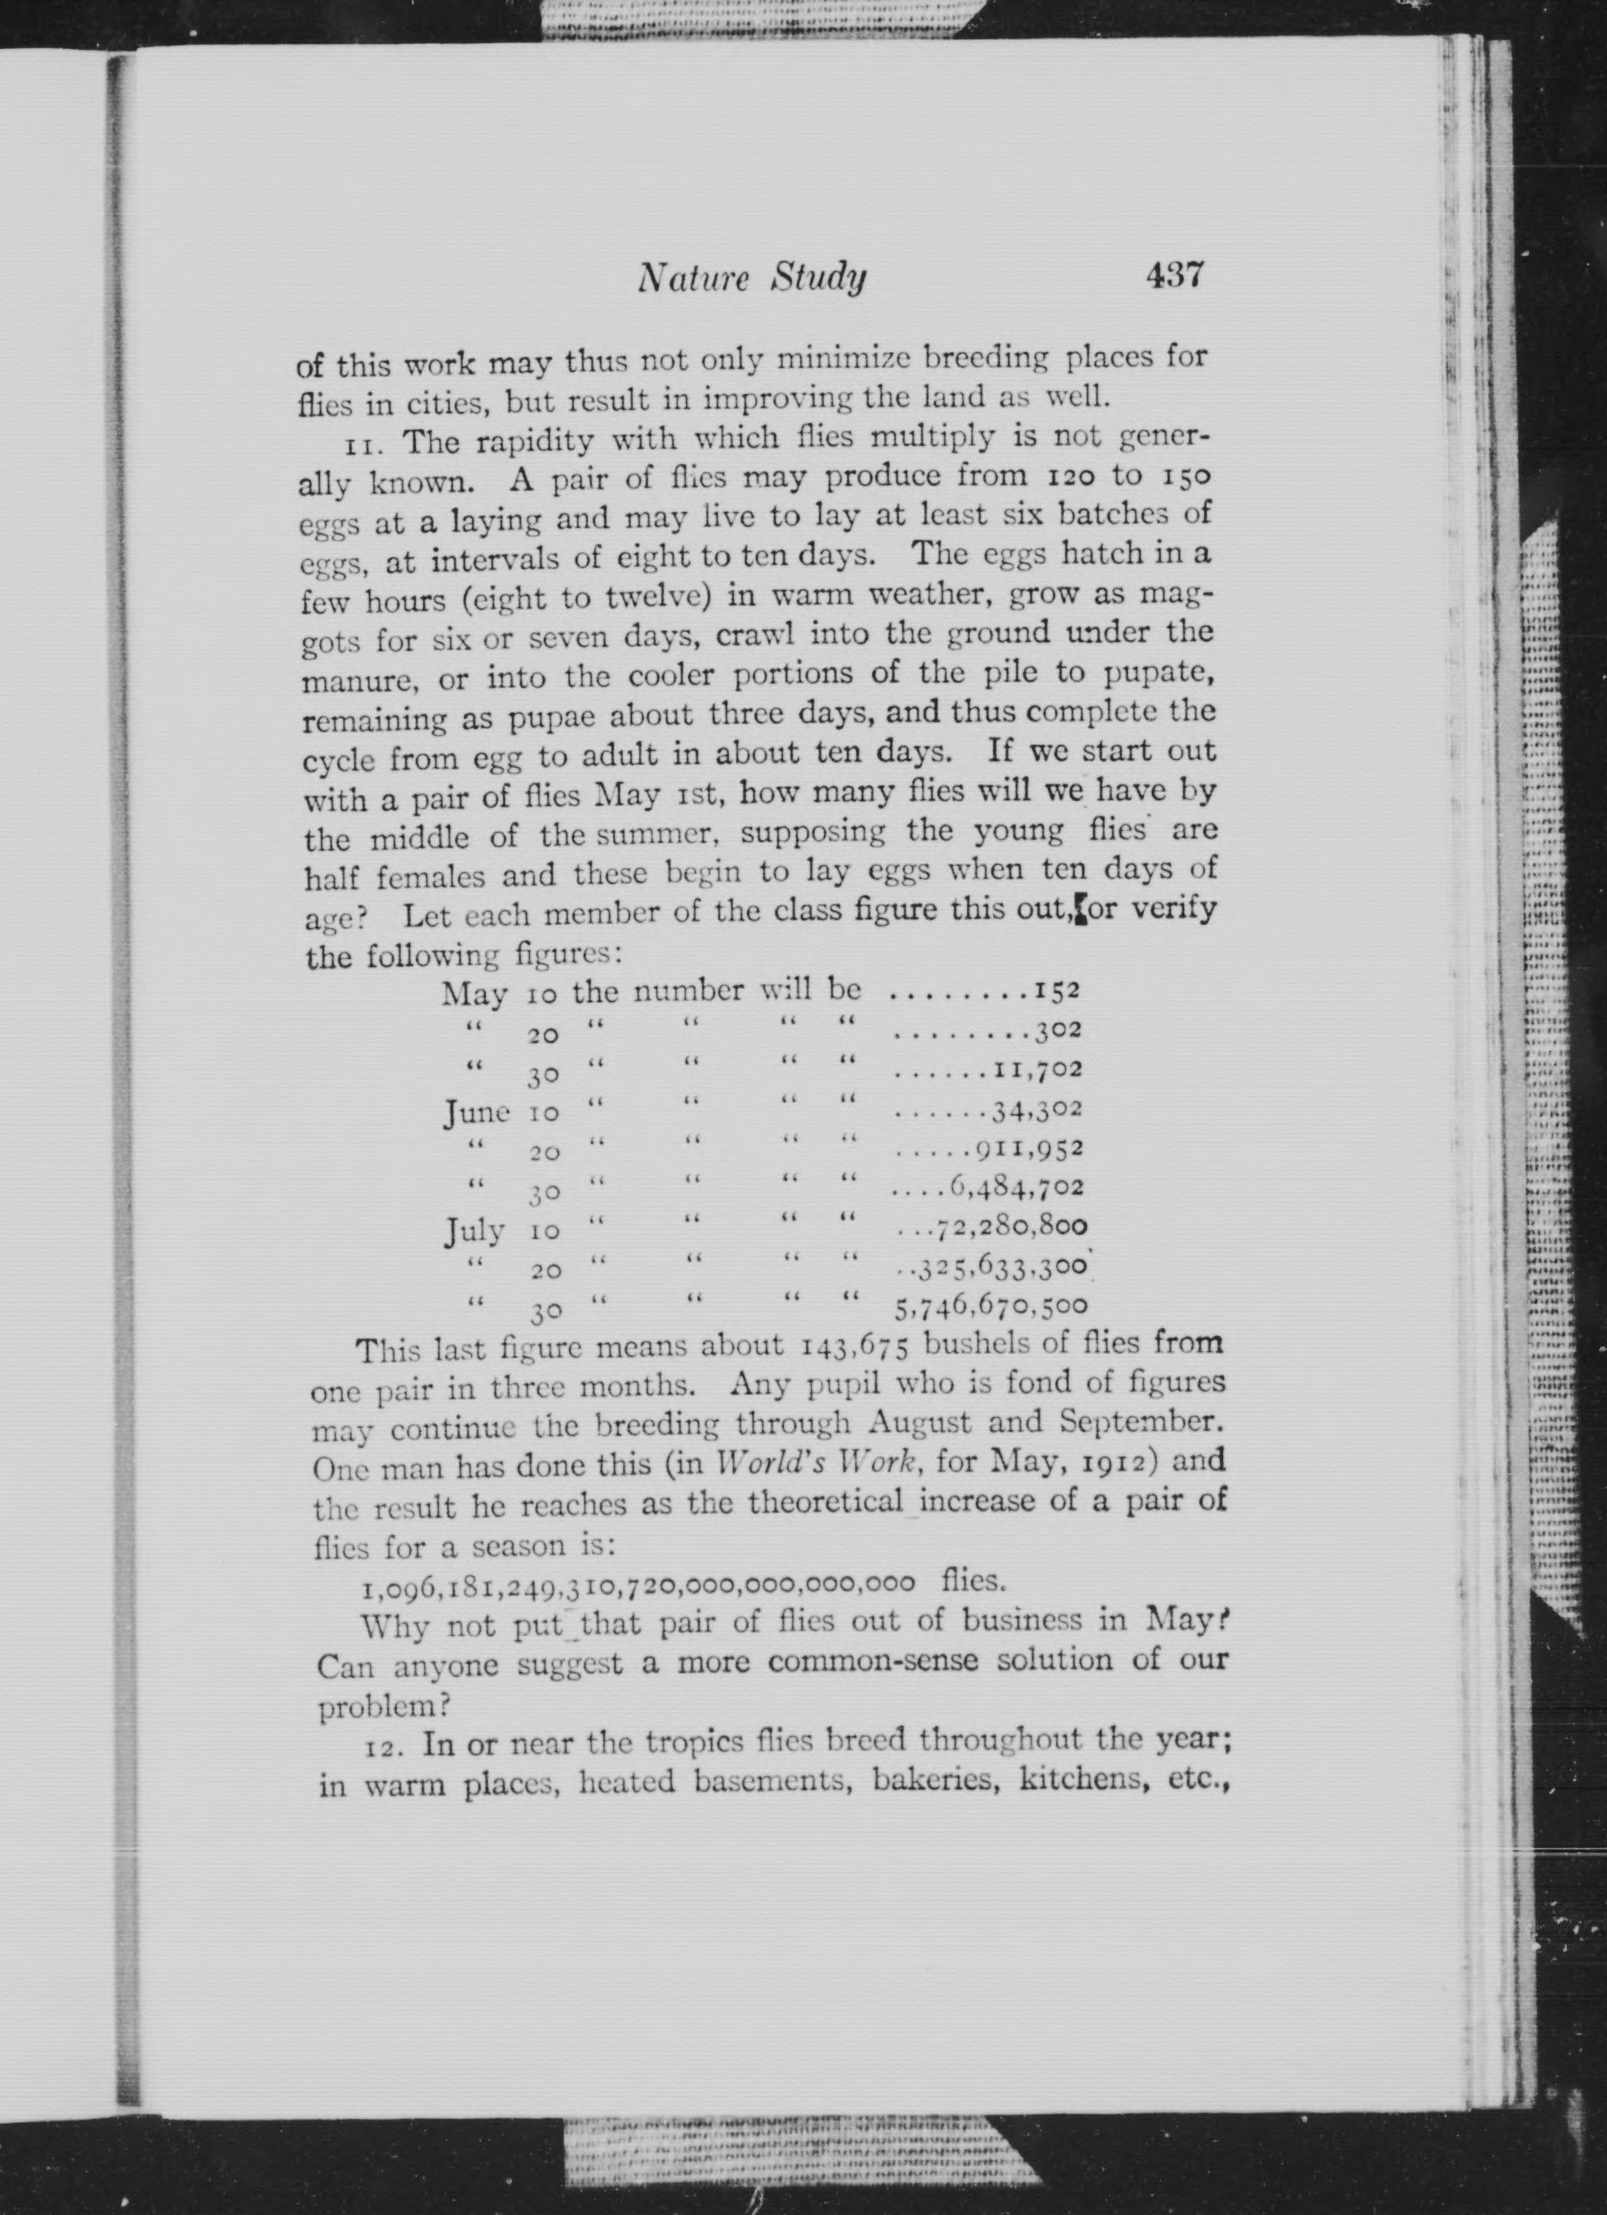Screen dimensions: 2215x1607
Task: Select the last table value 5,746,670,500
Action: [x=991, y=1306]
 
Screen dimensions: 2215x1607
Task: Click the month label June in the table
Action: [x=477, y=1112]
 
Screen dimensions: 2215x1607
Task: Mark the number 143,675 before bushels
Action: [x=855, y=1349]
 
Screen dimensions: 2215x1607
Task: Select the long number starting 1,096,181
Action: [x=638, y=1583]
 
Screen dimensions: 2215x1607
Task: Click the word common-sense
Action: [x=873, y=1661]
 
